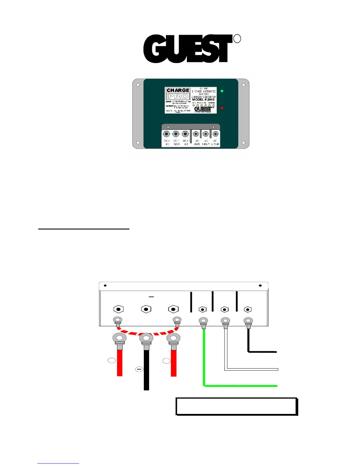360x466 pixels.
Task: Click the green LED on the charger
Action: [x=222, y=91]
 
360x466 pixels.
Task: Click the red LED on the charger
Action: [x=222, y=108]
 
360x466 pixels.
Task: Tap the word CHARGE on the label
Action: [x=178, y=90]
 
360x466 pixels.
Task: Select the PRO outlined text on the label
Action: [x=178, y=96]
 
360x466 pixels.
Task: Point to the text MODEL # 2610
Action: [x=203, y=100]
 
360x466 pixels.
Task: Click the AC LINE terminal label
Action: [x=215, y=142]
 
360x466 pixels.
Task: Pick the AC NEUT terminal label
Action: [x=206, y=142]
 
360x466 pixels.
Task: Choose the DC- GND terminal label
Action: [x=176, y=142]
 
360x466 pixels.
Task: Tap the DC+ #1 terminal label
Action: [x=167, y=142]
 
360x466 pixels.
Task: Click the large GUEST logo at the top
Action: [x=188, y=49]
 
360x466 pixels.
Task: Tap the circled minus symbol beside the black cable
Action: [x=139, y=369]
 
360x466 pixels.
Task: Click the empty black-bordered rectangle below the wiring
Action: [x=236, y=407]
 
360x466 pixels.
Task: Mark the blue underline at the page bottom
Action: [x=58, y=464]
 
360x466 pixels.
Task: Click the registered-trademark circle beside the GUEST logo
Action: [x=237, y=39]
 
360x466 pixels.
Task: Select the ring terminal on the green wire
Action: [x=203, y=321]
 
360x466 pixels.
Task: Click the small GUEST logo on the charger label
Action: [x=204, y=109]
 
